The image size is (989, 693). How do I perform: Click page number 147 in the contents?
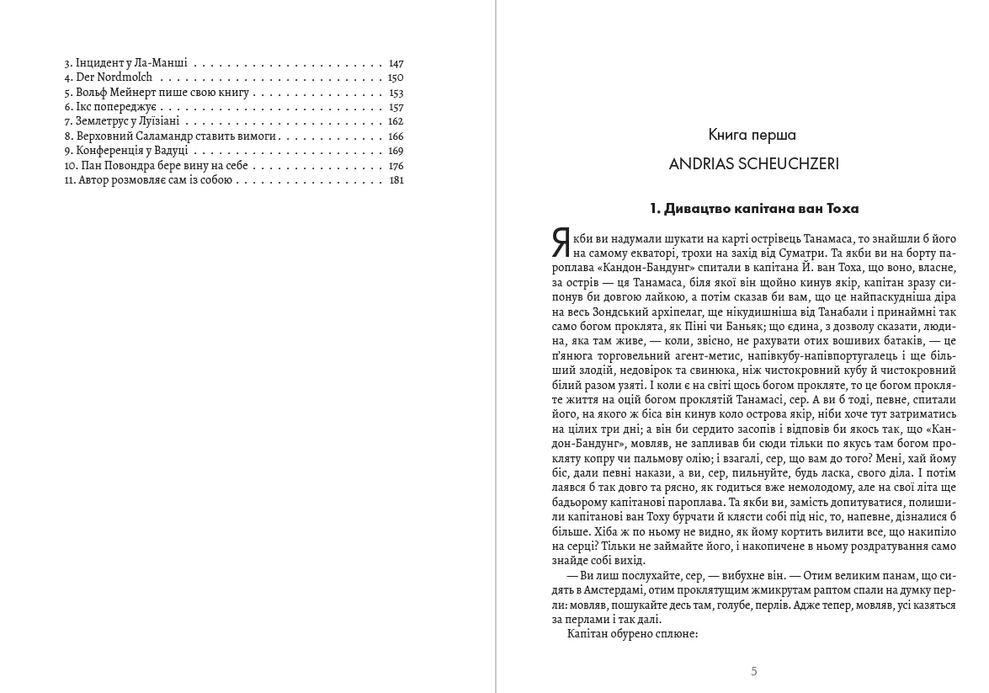(396, 63)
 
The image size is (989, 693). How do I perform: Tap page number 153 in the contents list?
(396, 93)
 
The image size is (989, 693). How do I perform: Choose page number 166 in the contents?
(396, 136)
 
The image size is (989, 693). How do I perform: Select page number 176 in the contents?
(396, 166)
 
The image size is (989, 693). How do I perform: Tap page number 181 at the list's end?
(396, 180)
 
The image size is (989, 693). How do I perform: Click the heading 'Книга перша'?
(752, 135)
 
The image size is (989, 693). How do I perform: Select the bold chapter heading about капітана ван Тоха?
(753, 208)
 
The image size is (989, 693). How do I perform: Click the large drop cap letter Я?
(561, 243)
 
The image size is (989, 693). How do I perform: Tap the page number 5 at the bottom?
(753, 671)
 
